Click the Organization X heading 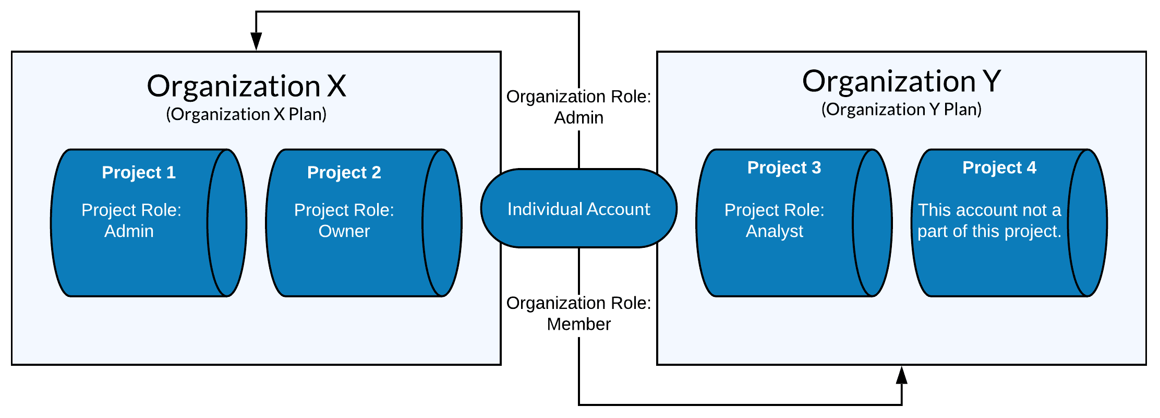[246, 86]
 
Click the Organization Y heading [901, 81]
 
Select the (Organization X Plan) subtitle [246, 114]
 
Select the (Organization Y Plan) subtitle [901, 110]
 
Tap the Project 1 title [139, 172]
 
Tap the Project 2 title [344, 172]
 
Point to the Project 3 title [784, 168]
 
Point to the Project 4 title [999, 168]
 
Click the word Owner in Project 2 [344, 231]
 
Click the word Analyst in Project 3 [775, 231]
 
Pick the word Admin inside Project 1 [129, 231]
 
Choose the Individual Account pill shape [578, 209]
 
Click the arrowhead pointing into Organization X [256, 42]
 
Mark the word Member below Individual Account [578, 325]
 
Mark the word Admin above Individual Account [578, 118]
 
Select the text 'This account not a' [989, 210]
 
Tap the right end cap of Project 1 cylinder [227, 223]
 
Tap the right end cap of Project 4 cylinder [1087, 223]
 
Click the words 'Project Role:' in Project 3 [775, 210]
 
